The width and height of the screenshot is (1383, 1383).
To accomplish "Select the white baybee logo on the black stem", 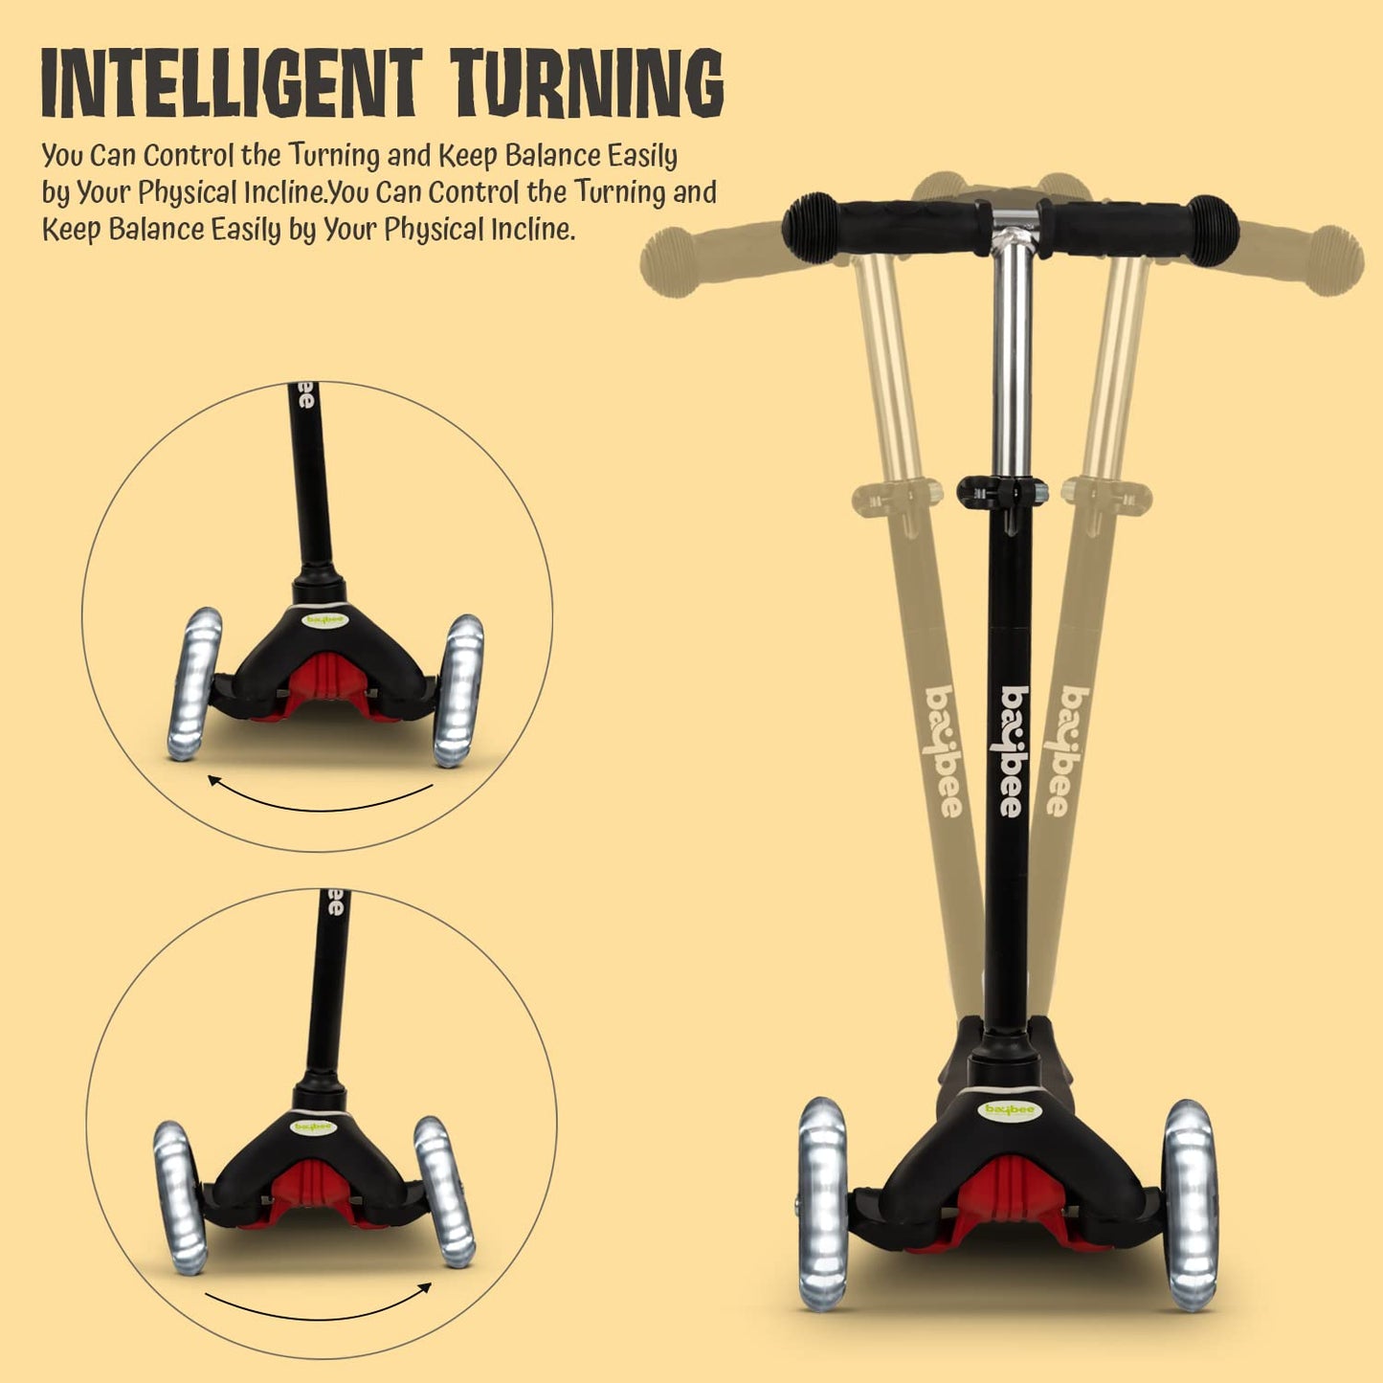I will point(1013,751).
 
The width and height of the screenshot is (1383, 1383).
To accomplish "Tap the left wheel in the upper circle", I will point(195,683).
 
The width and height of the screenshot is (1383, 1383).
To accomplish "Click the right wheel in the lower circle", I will point(444,1190).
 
